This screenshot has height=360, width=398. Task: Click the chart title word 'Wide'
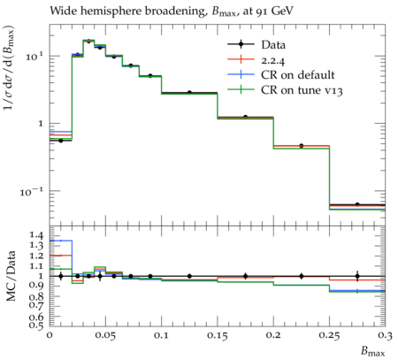63,11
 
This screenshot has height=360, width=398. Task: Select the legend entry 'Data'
273,45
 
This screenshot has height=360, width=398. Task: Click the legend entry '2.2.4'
272,60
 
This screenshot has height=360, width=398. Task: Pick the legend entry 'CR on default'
298,75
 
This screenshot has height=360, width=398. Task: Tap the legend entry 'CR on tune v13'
302,90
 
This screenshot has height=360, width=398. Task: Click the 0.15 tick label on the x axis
218,335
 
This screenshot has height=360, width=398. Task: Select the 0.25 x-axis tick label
329,335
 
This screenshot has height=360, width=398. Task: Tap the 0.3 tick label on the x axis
385,335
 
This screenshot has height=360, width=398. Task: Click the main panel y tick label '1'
41,123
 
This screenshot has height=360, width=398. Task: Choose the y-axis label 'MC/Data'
11,276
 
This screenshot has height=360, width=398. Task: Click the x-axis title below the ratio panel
373,351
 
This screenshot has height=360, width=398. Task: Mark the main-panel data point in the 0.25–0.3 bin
357,204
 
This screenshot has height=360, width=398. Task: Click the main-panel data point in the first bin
61,141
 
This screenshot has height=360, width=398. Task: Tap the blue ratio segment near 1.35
61,241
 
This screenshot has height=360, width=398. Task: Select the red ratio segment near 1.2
61,256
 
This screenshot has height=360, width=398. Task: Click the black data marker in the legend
241,45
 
